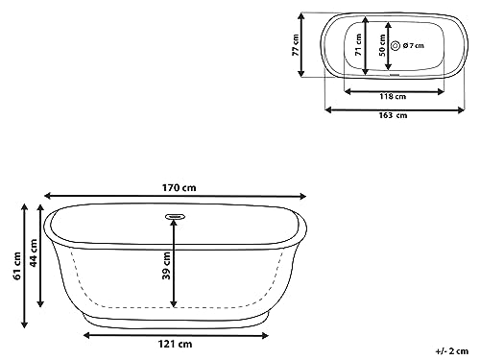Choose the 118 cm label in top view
[x=388, y=97]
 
